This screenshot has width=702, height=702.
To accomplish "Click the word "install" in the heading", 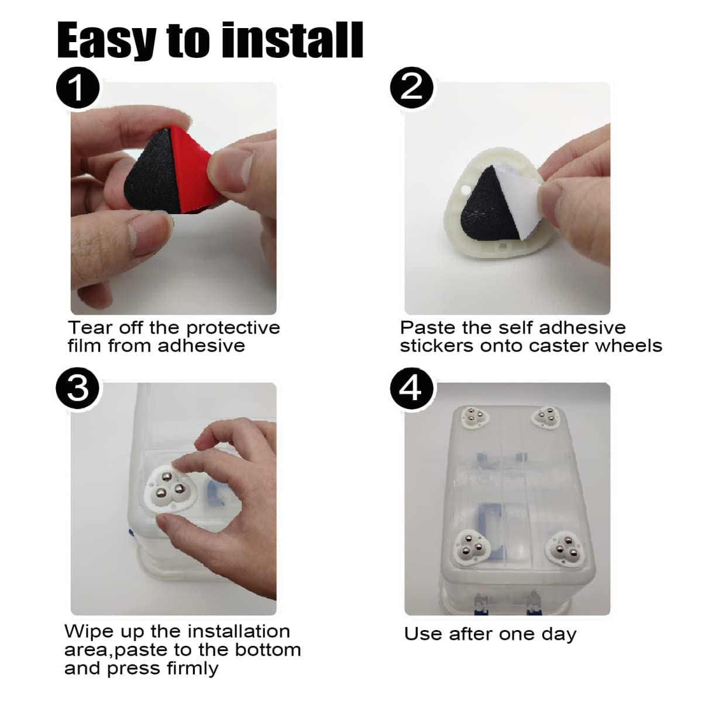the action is click(x=293, y=40).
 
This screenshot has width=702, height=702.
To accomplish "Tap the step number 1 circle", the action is click(x=78, y=88).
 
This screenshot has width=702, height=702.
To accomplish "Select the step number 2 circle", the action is click(x=412, y=88).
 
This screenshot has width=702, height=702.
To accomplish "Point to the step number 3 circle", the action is click(x=78, y=388).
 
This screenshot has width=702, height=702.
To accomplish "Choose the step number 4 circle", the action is click(x=412, y=388).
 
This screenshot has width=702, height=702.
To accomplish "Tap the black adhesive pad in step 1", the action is click(x=149, y=175).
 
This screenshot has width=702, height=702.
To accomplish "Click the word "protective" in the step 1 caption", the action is click(x=233, y=329).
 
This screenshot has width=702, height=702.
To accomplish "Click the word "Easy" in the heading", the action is click(x=107, y=41).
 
